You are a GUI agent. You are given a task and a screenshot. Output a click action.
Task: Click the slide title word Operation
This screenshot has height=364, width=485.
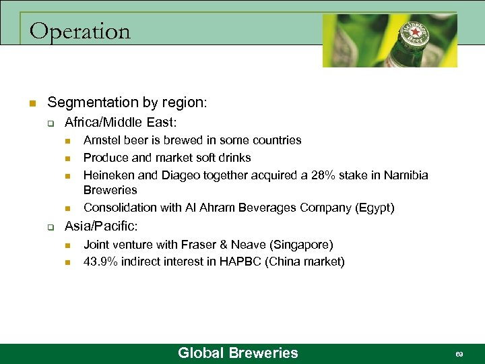(80, 32)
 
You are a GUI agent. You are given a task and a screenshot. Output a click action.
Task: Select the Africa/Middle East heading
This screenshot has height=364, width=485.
(120, 123)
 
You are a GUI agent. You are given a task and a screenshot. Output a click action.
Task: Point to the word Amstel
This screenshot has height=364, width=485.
(102, 140)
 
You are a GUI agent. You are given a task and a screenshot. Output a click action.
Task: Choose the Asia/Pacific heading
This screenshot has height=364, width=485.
(100, 227)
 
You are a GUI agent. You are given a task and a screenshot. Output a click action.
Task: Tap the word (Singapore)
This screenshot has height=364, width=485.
(301, 245)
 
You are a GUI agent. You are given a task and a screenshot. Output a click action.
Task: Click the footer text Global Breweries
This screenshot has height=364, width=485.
(237, 353)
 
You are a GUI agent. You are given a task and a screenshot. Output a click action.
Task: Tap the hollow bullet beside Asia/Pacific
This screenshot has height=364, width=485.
(50, 228)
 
